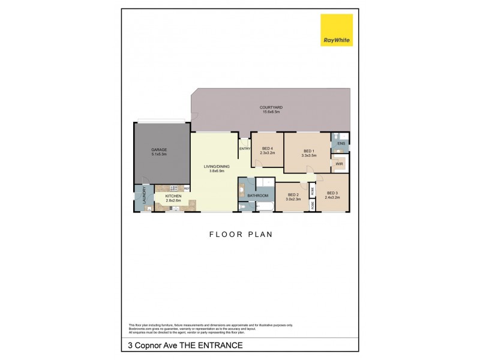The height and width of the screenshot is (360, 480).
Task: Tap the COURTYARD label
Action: [x=272, y=107]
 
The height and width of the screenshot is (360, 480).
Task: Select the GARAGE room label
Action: [x=159, y=150]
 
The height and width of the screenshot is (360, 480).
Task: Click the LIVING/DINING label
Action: [x=213, y=167]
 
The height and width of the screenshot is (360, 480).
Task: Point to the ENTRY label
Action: [x=244, y=149]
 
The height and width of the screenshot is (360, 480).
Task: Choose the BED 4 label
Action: [x=267, y=149]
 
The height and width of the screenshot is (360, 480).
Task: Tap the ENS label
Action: [x=341, y=144]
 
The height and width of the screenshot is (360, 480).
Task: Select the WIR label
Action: [x=339, y=163]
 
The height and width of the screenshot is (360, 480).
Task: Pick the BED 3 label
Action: [x=332, y=193]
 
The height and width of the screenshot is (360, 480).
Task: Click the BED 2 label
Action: [x=293, y=194]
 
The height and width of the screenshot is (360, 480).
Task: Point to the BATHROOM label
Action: [x=257, y=196]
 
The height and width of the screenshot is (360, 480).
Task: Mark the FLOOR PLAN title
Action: [x=240, y=235]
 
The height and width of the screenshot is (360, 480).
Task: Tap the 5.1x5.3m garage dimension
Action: [x=159, y=154]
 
